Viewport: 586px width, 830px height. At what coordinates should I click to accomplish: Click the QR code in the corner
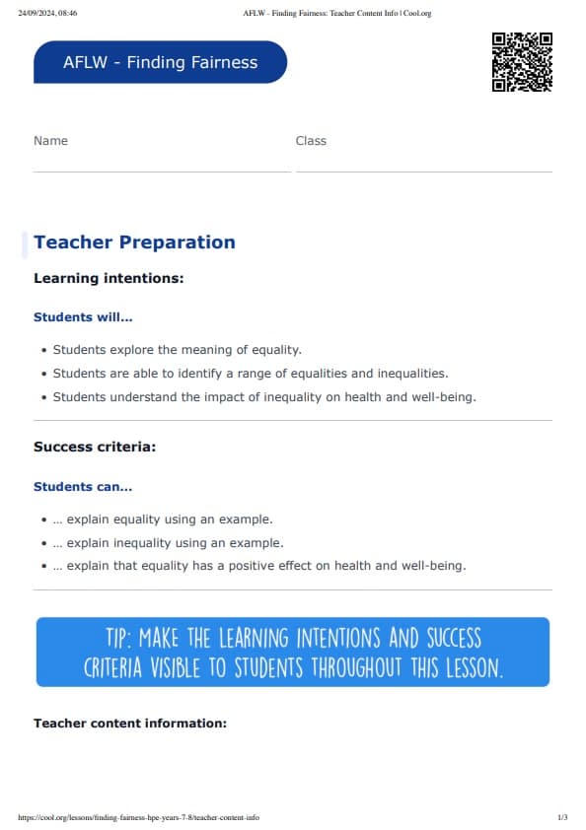[522, 61]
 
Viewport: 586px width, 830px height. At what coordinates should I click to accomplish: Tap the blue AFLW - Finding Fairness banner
[160, 62]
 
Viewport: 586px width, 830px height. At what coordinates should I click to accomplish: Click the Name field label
[50, 141]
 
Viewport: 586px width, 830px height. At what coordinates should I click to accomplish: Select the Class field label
[311, 141]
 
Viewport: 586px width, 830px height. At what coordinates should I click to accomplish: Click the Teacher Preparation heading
[134, 242]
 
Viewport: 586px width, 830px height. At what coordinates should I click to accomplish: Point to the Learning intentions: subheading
[109, 279]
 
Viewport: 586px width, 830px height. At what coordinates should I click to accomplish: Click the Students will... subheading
[83, 317]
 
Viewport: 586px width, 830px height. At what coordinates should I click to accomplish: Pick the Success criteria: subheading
[95, 448]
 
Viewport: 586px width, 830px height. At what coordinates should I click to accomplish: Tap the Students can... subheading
[83, 487]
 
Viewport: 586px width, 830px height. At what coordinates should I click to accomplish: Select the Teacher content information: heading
[130, 724]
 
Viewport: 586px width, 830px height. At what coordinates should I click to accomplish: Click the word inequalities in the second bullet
[408, 374]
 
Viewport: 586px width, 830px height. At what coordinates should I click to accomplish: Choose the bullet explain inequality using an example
[168, 543]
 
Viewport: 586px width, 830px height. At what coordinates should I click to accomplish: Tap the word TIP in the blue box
[117, 637]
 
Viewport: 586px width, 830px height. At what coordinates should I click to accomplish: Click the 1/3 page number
[562, 817]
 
